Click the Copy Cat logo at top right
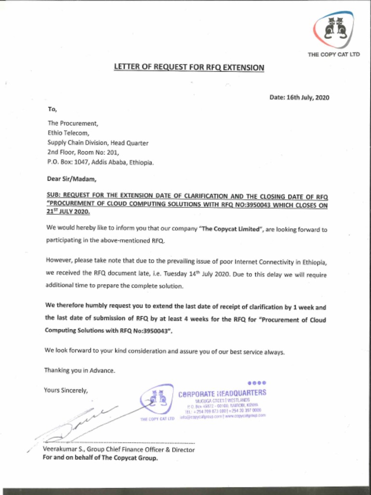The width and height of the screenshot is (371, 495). pyautogui.click(x=333, y=29)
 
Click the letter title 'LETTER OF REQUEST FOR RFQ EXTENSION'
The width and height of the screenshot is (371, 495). pyautogui.click(x=189, y=67)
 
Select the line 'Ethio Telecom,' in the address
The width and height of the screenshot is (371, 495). pyautogui.click(x=68, y=133)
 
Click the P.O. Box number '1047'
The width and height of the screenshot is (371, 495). pyautogui.click(x=80, y=162)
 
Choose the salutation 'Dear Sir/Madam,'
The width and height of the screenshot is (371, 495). pyautogui.click(x=71, y=179)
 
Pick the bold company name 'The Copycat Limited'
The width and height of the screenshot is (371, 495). pyautogui.click(x=230, y=230)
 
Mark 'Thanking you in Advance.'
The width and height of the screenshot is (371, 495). pyautogui.click(x=80, y=370)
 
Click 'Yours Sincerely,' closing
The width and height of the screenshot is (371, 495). pyautogui.click(x=66, y=390)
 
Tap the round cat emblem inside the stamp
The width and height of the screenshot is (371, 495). pyautogui.click(x=157, y=399)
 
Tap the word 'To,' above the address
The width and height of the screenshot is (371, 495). pyautogui.click(x=52, y=110)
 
